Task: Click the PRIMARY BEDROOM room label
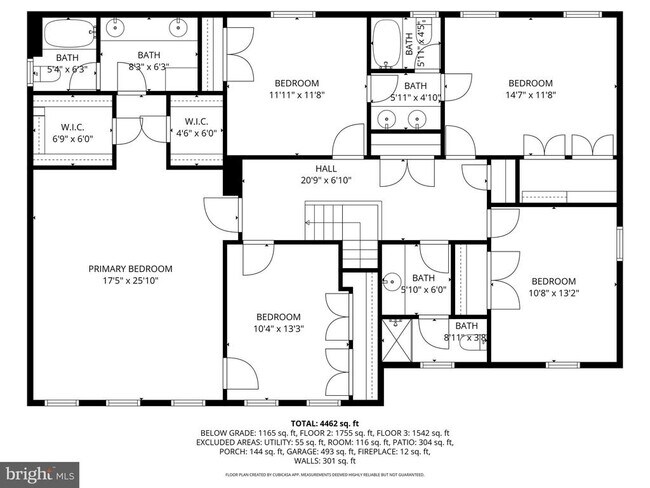tap(130, 268)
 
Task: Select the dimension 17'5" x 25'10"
tap(130, 281)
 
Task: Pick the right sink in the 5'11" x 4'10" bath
tap(419, 119)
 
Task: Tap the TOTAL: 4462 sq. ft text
tap(324, 423)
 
